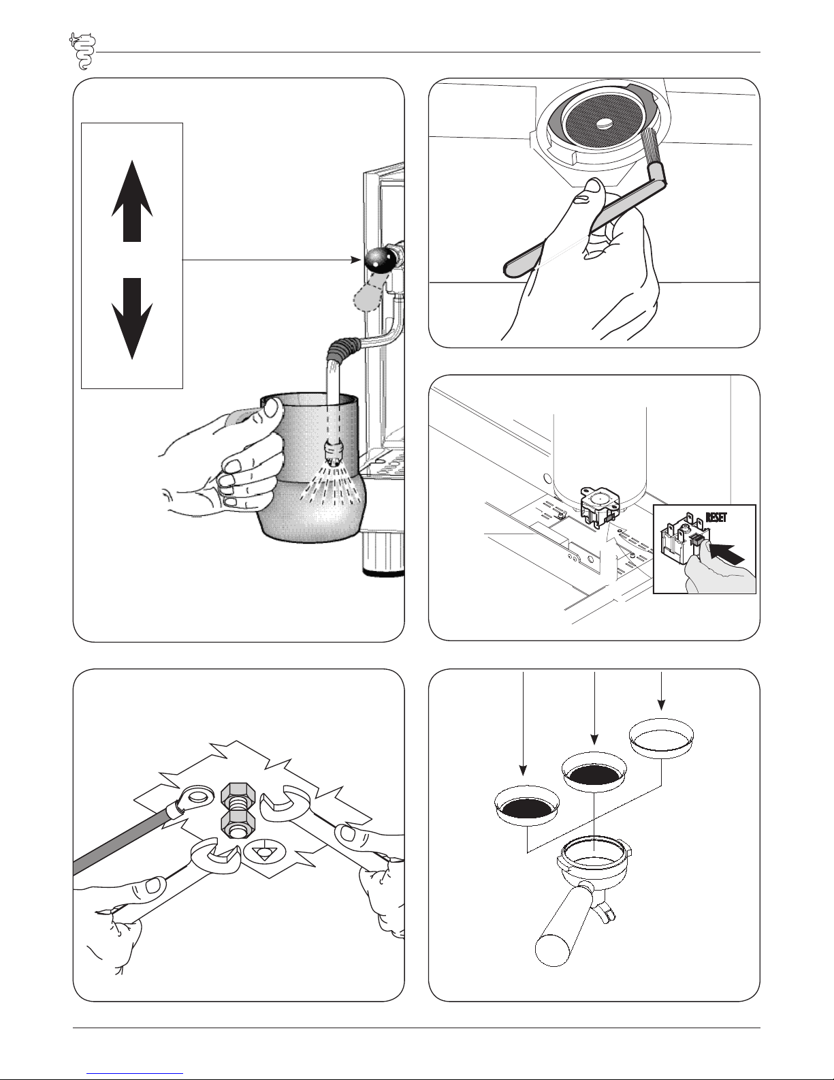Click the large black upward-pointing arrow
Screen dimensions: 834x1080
click(x=132, y=200)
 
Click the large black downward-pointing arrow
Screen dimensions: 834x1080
click(x=132, y=319)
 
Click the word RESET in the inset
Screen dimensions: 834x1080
click(x=716, y=517)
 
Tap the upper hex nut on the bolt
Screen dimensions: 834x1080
click(x=236, y=797)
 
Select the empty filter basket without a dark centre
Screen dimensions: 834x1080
click(x=661, y=737)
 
